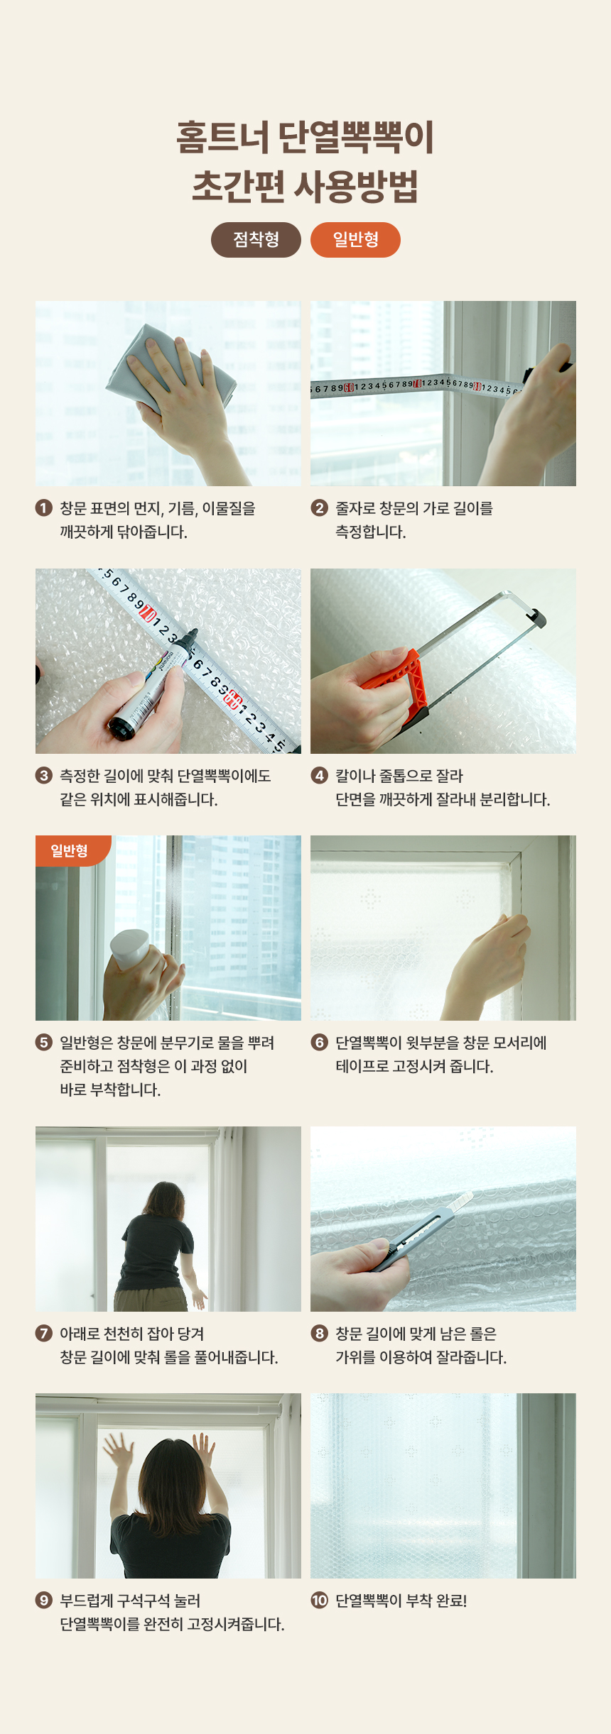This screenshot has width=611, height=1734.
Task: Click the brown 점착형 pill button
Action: pos(256,240)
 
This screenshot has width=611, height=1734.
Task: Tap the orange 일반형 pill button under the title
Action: pos(355,240)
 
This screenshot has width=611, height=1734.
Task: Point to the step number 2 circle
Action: pos(320,507)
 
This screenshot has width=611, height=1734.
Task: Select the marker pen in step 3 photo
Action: pos(153,681)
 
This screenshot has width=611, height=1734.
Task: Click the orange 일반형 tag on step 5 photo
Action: pos(71,850)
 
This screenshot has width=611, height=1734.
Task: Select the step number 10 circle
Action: pos(320,1601)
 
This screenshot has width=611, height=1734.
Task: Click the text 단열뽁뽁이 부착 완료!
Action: pos(401,1601)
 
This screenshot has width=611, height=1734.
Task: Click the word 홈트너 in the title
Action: pos(222,137)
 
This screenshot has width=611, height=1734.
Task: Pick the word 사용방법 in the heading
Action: pos(356,186)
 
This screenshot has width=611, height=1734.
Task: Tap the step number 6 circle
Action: pos(320,1042)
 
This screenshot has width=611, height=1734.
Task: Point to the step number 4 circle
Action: pos(320,775)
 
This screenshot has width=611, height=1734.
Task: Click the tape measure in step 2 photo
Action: pos(419,386)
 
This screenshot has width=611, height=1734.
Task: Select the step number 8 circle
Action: pos(320,1333)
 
